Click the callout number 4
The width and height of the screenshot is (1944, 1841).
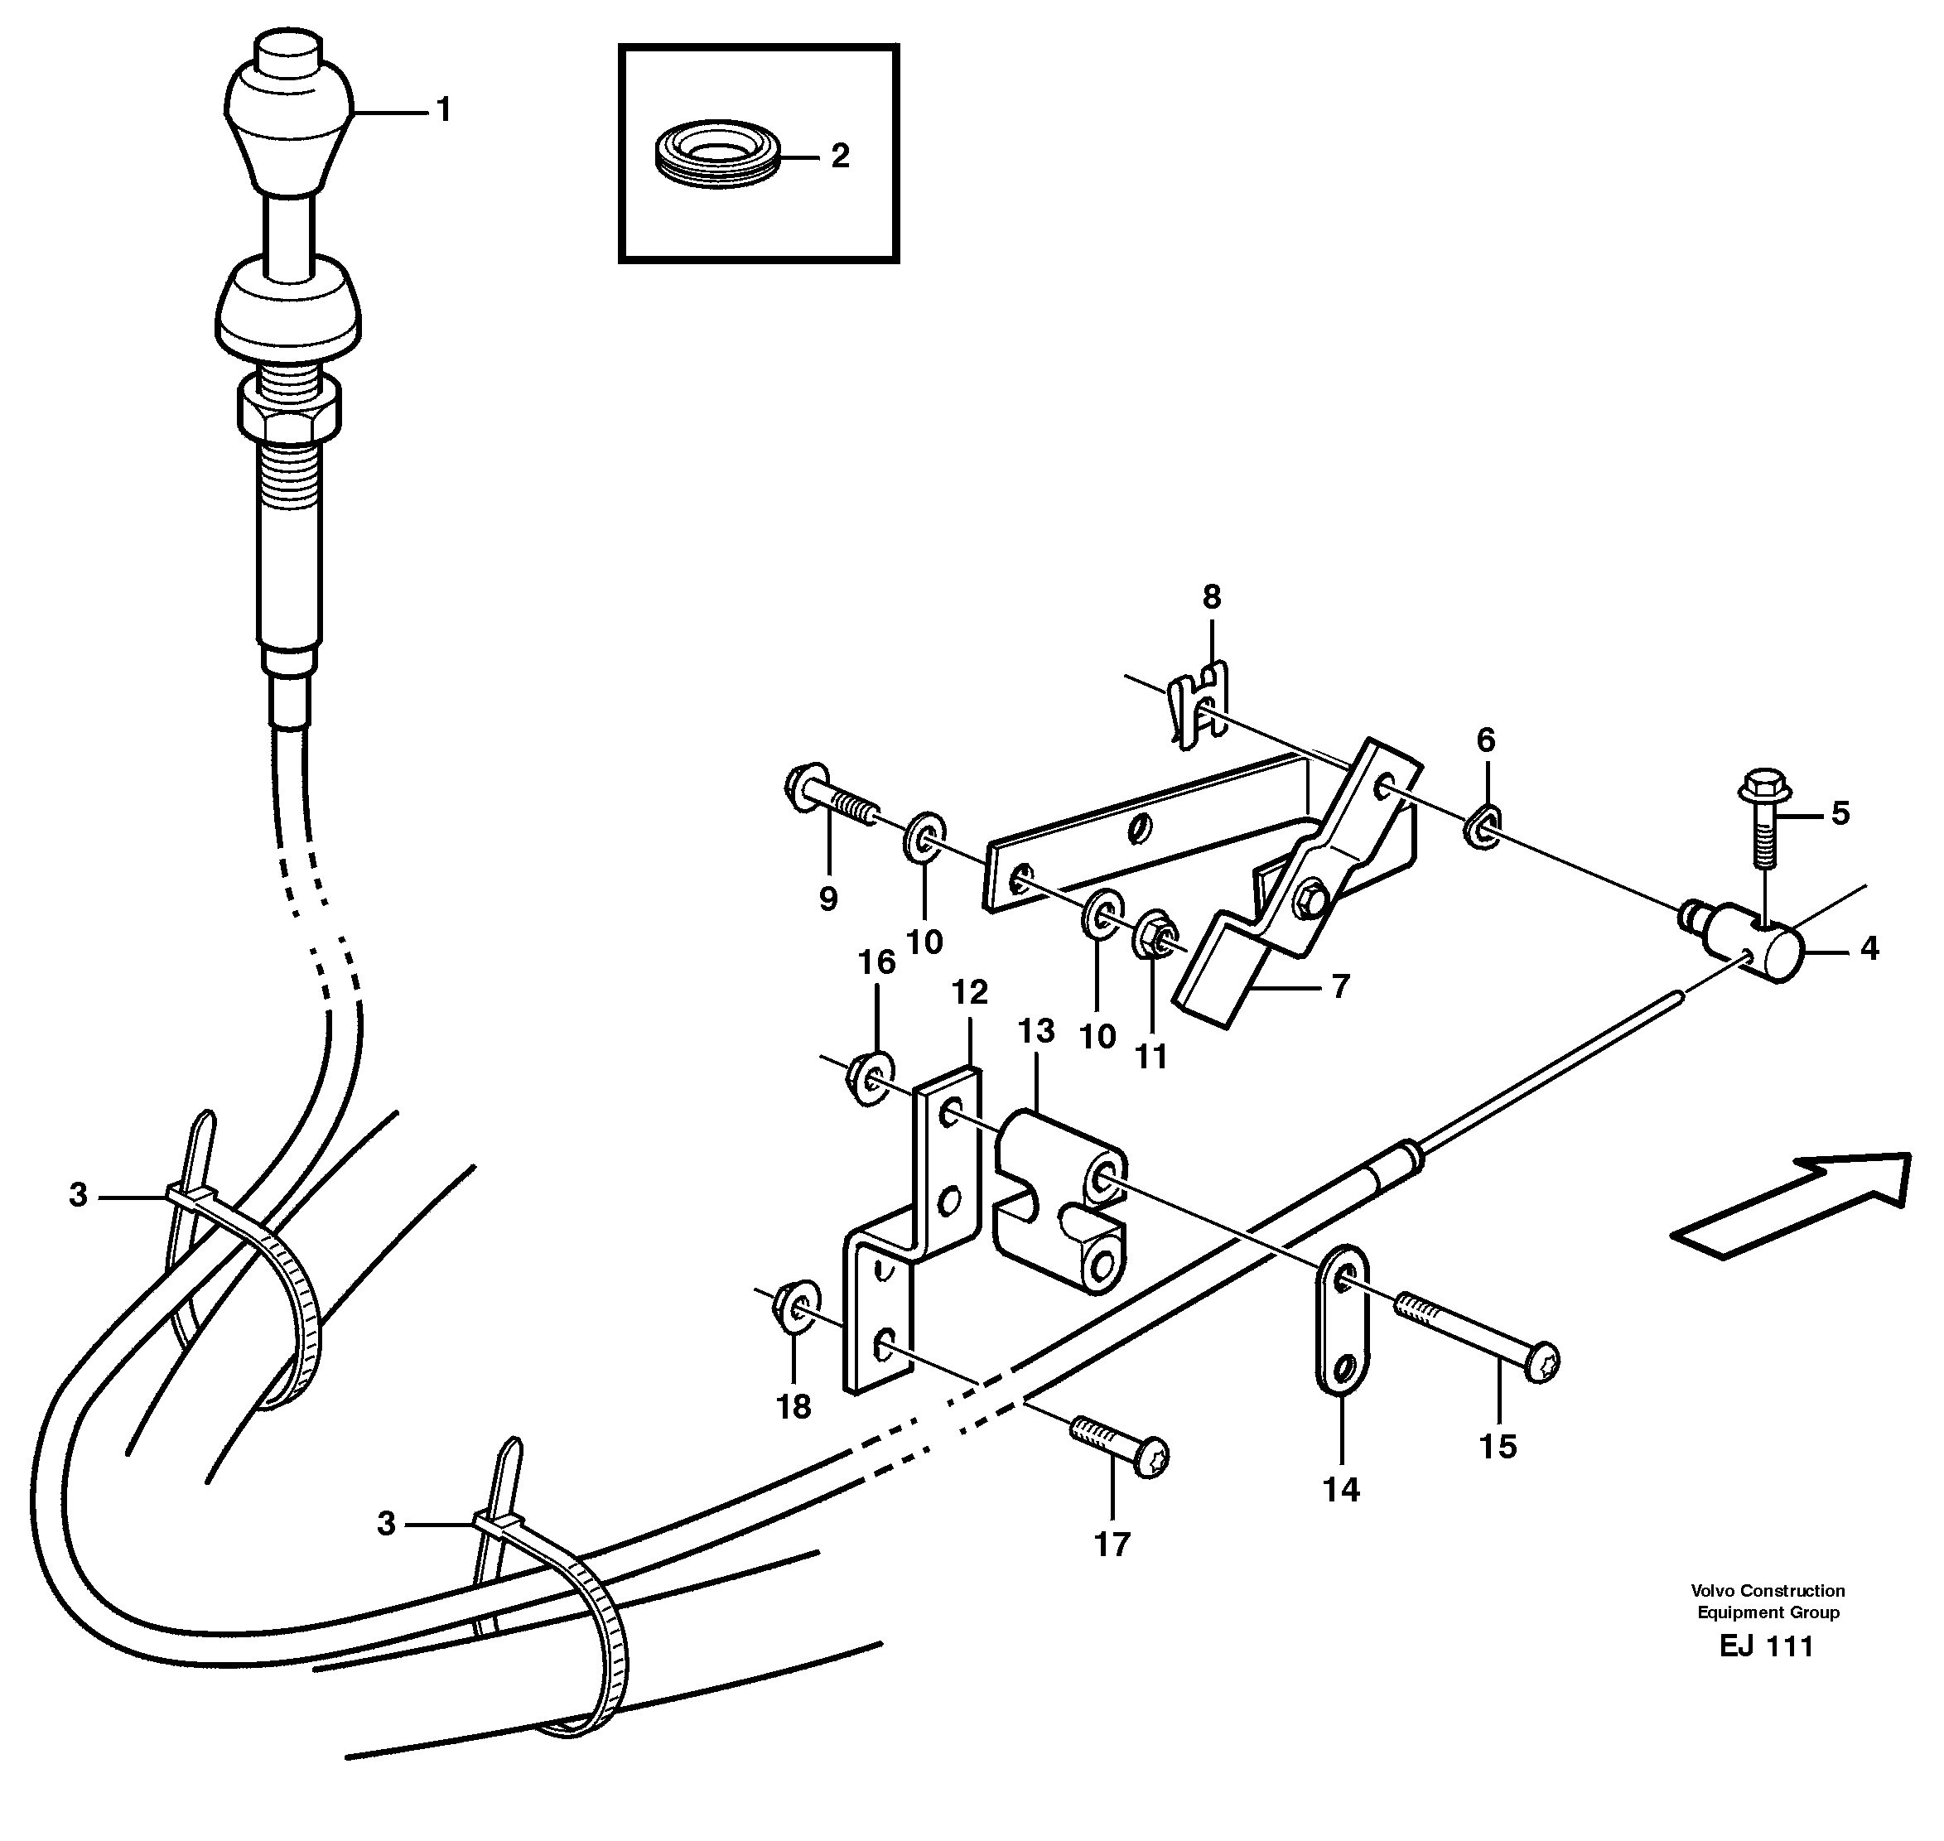[1869, 948]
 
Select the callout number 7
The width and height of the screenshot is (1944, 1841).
[1340, 986]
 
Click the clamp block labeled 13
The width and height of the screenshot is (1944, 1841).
[1060, 1205]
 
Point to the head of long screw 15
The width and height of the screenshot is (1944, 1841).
[1541, 1362]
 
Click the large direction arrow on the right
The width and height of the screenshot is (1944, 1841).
[1792, 1205]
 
